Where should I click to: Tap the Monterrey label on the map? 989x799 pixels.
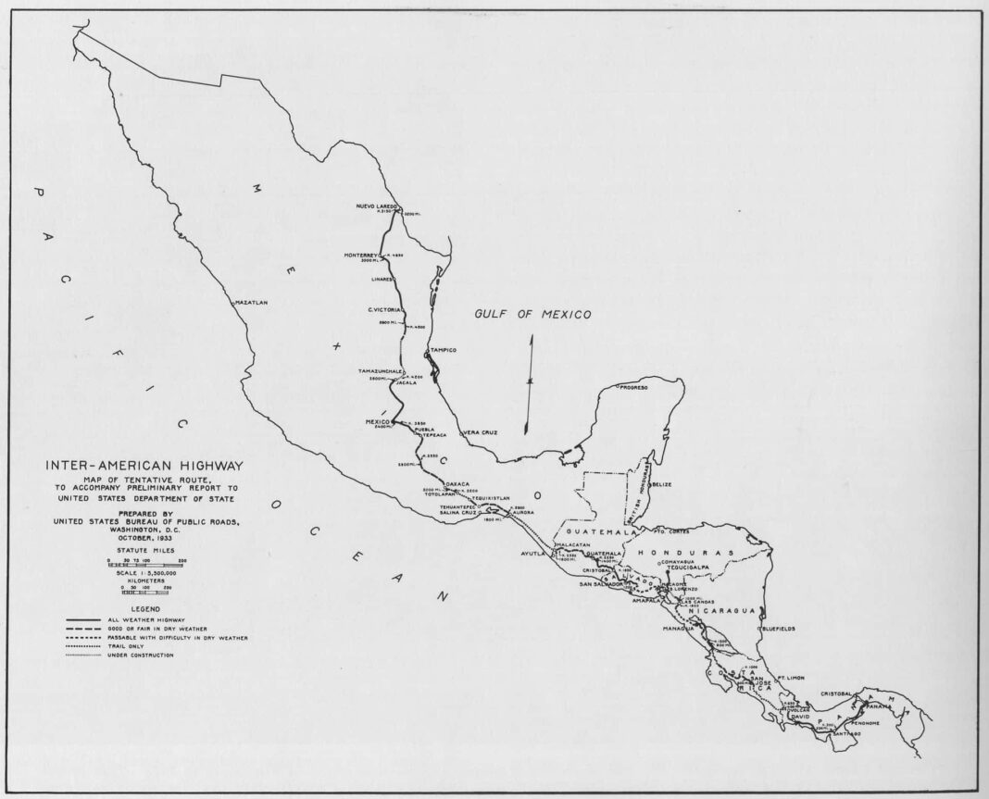[362, 255]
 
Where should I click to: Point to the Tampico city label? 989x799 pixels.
[443, 352]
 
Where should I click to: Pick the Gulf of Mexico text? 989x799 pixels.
[532, 315]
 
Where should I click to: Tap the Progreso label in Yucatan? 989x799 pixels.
[633, 387]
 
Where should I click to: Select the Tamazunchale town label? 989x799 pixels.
[380, 370]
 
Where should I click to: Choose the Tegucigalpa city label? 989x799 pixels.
[688, 567]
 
